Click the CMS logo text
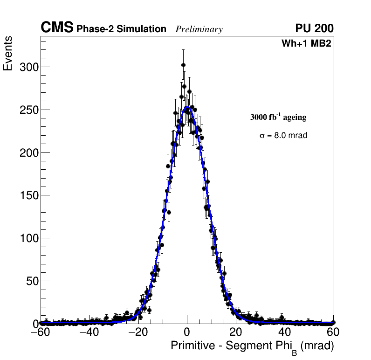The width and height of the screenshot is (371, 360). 57,28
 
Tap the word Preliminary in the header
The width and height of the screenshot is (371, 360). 199,29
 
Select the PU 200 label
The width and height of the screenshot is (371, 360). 314,28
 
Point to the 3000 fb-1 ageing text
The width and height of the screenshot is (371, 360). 278,117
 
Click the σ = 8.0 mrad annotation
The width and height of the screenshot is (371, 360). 283,136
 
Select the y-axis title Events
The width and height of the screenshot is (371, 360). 8,54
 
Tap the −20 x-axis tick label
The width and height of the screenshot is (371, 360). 138,332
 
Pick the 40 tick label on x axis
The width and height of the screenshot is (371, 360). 284,332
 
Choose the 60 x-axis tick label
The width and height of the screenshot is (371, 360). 333,332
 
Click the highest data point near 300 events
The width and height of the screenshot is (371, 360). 183,65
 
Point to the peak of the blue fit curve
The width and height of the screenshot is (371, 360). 187,107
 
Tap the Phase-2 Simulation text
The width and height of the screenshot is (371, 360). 121,29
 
